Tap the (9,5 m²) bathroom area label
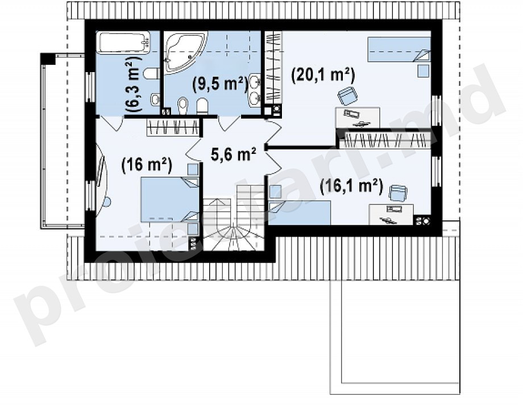point(221,83)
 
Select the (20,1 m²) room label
point(323,75)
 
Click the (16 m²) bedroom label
point(147,164)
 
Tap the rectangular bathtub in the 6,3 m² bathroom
point(123,42)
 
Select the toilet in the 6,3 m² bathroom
point(151,74)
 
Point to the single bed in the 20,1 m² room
point(399,49)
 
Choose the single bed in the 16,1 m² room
point(300,212)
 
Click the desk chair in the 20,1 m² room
point(348,95)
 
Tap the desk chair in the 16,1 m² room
point(399,193)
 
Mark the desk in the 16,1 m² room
point(391,214)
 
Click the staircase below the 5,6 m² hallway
point(234,218)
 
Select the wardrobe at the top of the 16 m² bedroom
point(173,127)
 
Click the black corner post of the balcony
point(48,59)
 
